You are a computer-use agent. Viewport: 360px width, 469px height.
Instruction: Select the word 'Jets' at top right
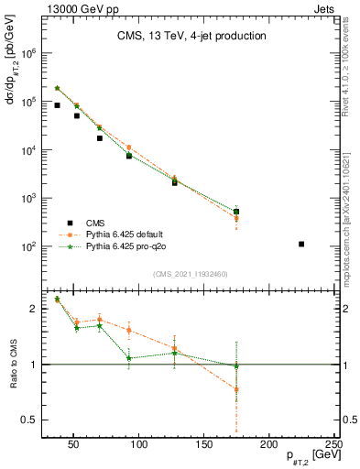tap(325, 6)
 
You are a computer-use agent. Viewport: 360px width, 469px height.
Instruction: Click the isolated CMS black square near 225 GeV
tap(301, 244)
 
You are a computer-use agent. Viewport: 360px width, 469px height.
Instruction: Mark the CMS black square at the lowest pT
tap(57, 105)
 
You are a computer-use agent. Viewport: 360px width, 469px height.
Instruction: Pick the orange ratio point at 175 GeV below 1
tap(236, 389)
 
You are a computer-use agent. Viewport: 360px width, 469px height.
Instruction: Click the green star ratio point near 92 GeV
tap(129, 357)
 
